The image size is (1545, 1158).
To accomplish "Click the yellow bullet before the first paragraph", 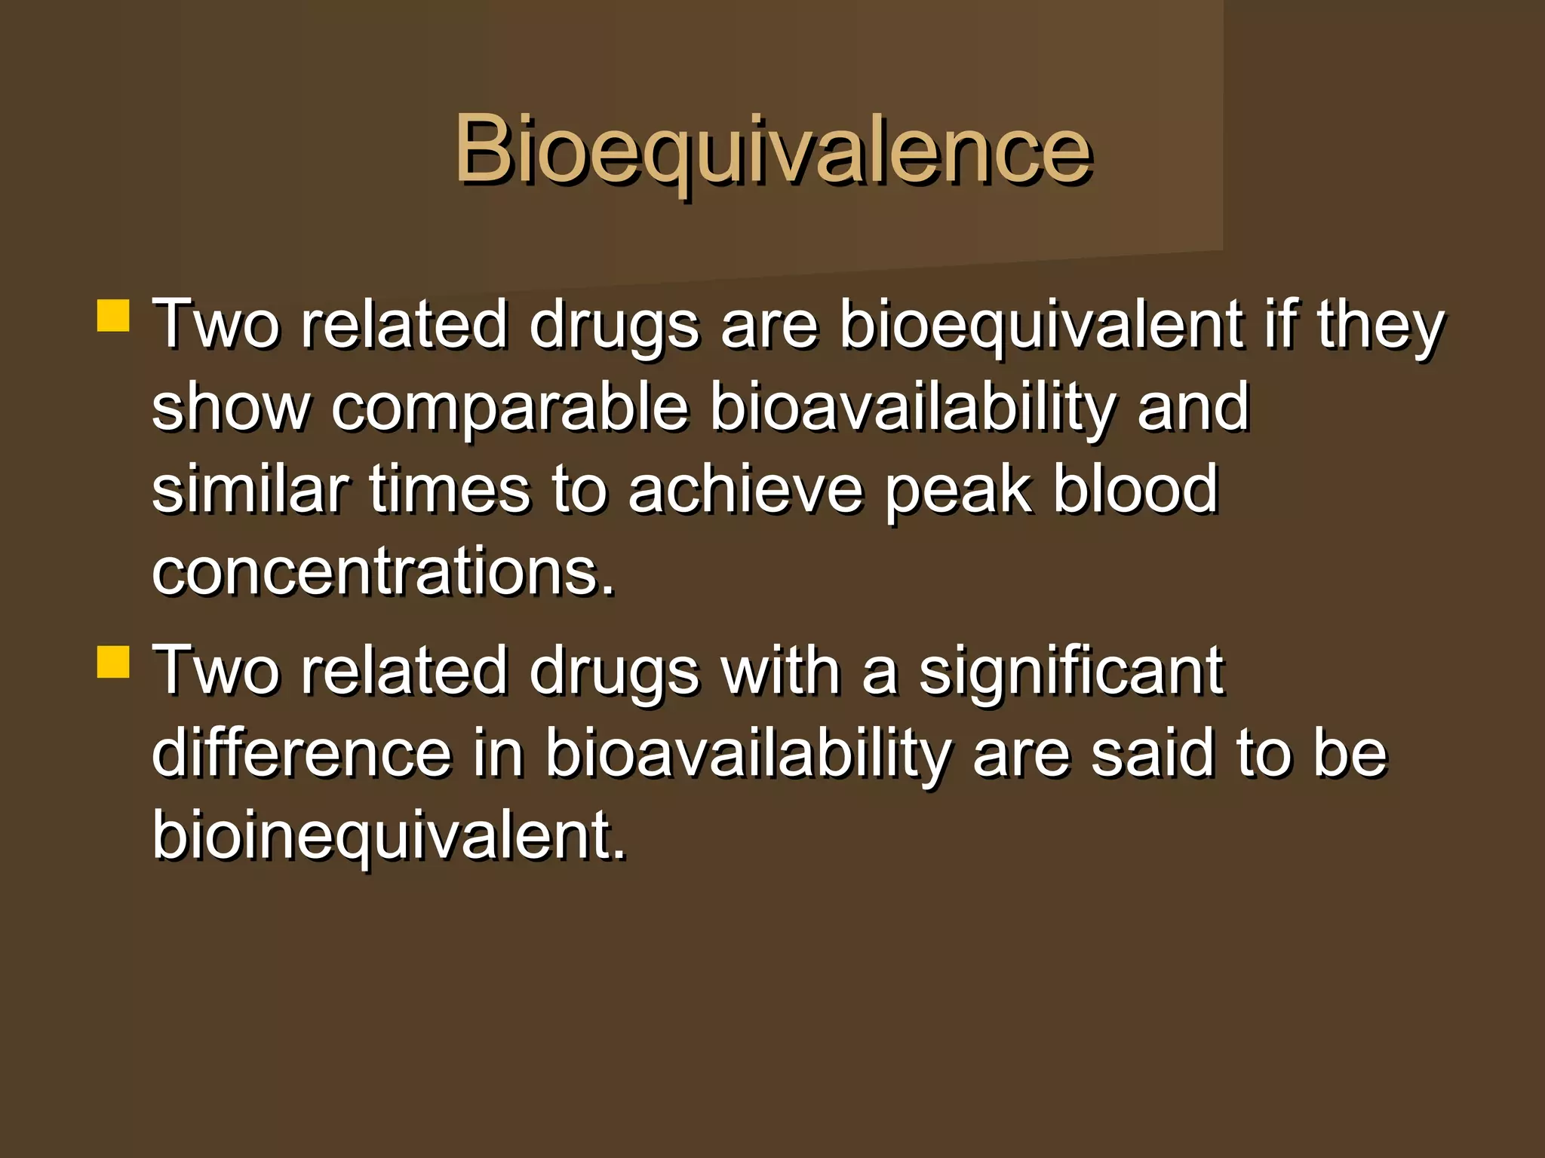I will [113, 316].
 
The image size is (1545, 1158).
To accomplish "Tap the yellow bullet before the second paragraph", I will [113, 662].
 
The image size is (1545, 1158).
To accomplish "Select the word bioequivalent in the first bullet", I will [1040, 326].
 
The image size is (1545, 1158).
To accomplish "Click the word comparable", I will [510, 408].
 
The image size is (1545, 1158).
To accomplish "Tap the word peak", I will [957, 492].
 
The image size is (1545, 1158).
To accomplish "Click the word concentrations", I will [382, 572].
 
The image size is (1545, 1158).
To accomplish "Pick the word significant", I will [1070, 672].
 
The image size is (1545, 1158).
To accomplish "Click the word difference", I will [301, 753].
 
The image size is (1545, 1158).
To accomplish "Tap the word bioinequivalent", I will [389, 837].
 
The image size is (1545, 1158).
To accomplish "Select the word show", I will [230, 408].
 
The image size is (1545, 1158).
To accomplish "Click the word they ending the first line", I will [1380, 326].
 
